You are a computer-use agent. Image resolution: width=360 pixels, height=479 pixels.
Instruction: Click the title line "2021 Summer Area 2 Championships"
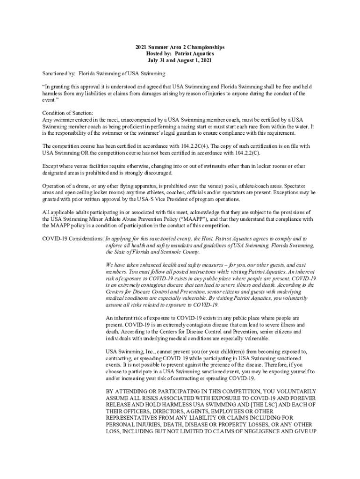(x=180, y=47)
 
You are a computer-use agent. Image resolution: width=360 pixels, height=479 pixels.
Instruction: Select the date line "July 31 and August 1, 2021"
(x=180, y=60)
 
